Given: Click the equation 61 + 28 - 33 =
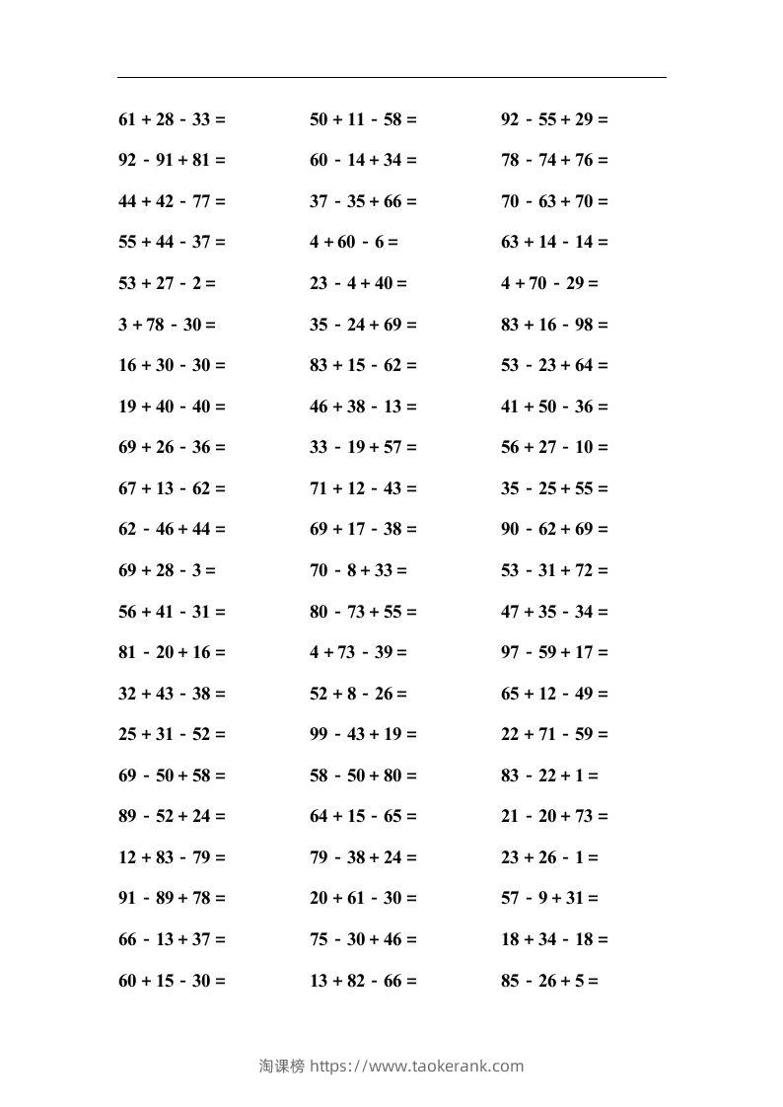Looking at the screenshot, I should (x=172, y=119).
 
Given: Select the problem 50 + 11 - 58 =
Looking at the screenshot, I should (x=363, y=119).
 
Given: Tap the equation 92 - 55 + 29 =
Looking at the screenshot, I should (x=554, y=119).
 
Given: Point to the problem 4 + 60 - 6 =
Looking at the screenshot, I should (x=353, y=242).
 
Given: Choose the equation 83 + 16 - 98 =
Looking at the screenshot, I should (x=554, y=324).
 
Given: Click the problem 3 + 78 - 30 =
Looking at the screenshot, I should (x=167, y=324).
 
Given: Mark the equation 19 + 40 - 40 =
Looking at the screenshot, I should (x=172, y=406).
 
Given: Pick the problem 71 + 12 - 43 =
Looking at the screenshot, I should (x=363, y=487).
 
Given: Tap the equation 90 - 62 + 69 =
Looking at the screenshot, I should (x=554, y=529).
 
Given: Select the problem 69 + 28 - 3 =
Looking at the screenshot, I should (x=167, y=570).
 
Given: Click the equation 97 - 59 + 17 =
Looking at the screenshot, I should (x=554, y=652).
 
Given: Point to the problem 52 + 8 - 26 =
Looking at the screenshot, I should (x=358, y=693).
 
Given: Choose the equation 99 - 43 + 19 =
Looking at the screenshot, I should (x=363, y=734).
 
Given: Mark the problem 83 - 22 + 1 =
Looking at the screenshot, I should (x=549, y=775).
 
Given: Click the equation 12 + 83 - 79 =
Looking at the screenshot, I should (x=172, y=857).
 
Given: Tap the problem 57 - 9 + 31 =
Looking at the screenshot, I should (x=549, y=898).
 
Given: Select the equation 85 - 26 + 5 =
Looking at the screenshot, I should (x=549, y=981).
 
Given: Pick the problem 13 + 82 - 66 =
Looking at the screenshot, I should (x=363, y=981).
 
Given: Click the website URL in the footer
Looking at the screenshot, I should (x=417, y=1066).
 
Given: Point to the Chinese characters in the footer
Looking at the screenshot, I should (x=282, y=1066).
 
